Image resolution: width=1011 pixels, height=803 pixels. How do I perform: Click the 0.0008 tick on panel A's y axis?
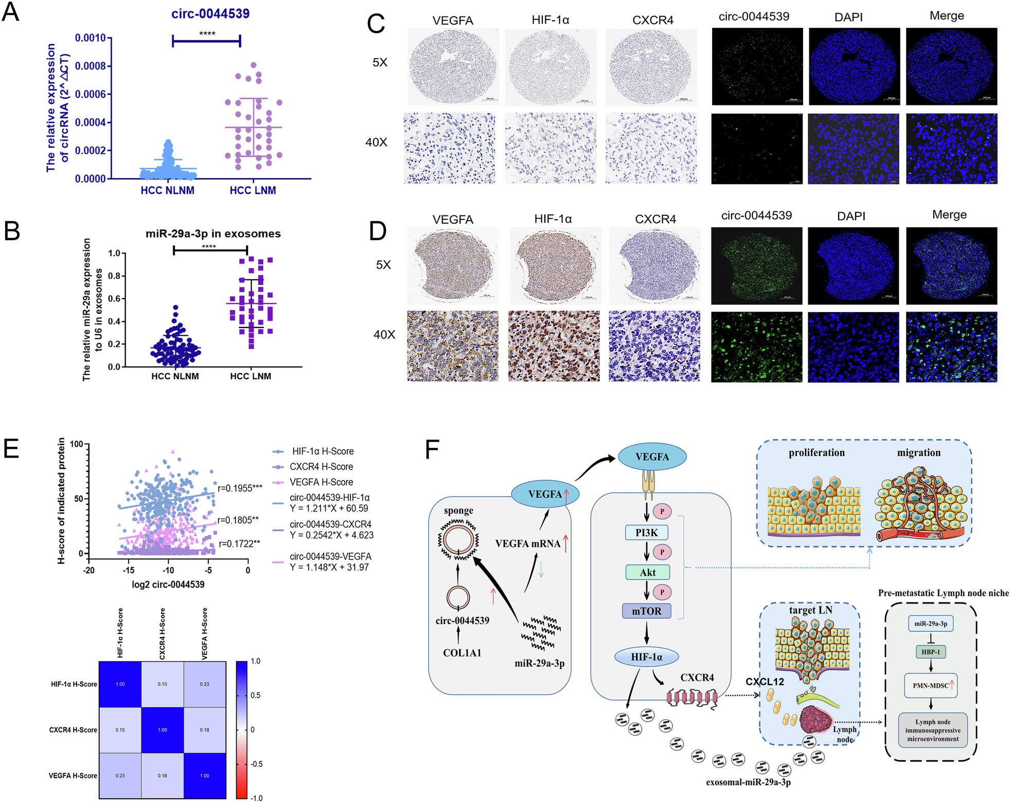pyautogui.click(x=90, y=66)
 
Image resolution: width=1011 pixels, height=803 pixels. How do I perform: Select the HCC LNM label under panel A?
pyautogui.click(x=253, y=191)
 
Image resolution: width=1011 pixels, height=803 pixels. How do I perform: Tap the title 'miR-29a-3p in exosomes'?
pyautogui.click(x=213, y=234)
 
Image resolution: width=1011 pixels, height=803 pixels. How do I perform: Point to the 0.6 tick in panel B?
pyautogui.click(x=114, y=299)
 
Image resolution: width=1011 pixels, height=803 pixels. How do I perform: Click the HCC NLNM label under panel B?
pyautogui.click(x=175, y=376)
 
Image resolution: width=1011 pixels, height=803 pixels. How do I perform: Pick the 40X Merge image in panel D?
pyautogui.click(x=951, y=347)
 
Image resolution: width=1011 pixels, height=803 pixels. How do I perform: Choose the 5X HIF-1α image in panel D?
pyautogui.click(x=554, y=266)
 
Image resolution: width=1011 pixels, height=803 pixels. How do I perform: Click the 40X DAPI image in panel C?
pyautogui.click(x=853, y=149)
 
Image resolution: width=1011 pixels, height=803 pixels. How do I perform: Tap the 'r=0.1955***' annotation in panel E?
pyautogui.click(x=240, y=488)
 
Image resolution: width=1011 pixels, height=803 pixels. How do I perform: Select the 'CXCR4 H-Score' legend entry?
pyautogui.click(x=321, y=467)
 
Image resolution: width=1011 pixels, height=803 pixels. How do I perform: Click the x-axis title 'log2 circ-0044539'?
pyautogui.click(x=168, y=585)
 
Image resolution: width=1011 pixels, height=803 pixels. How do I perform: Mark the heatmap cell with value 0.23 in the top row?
pyautogui.click(x=204, y=684)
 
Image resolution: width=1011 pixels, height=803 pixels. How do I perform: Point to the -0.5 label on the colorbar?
pyautogui.click(x=256, y=764)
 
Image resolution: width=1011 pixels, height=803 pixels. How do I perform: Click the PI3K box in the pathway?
pyautogui.click(x=646, y=533)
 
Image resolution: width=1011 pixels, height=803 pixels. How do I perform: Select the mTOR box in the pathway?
pyautogui.click(x=647, y=611)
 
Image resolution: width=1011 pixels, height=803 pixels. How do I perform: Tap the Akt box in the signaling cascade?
pyautogui.click(x=647, y=572)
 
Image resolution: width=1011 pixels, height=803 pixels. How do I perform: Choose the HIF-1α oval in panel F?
pyautogui.click(x=647, y=657)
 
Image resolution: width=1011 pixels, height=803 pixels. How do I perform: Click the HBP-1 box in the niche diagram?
pyautogui.click(x=931, y=652)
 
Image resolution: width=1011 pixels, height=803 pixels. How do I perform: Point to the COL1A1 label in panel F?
pyautogui.click(x=462, y=653)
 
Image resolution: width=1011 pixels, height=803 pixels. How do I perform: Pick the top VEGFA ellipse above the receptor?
pyautogui.click(x=652, y=457)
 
